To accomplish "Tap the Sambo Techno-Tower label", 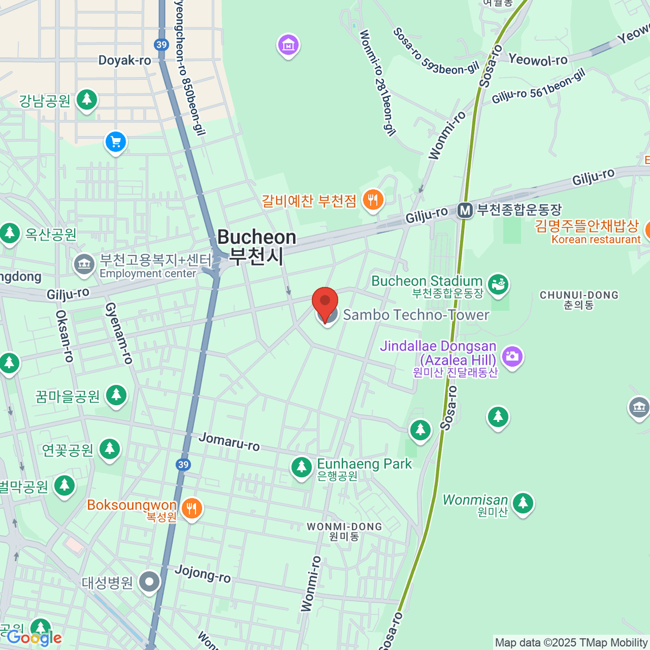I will click(x=416, y=315).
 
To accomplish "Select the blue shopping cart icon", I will click(x=115, y=142).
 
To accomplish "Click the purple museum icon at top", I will click(x=288, y=45).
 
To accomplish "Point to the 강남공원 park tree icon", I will click(x=87, y=100).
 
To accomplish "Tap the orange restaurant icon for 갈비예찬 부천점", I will click(x=372, y=200).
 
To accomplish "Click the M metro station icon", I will click(x=465, y=210).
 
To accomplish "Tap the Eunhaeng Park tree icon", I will click(x=301, y=467).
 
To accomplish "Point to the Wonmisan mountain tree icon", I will click(x=523, y=503).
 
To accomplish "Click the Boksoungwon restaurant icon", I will click(x=191, y=509).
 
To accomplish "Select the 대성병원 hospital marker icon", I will click(x=149, y=582).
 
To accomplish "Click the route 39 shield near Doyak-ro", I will click(x=161, y=44).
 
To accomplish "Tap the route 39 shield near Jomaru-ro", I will click(x=183, y=464).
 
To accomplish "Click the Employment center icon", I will click(x=83, y=264).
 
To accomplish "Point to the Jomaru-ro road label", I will click(x=229, y=441).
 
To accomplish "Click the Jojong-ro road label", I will click(x=203, y=573).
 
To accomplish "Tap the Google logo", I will click(x=34, y=638).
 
